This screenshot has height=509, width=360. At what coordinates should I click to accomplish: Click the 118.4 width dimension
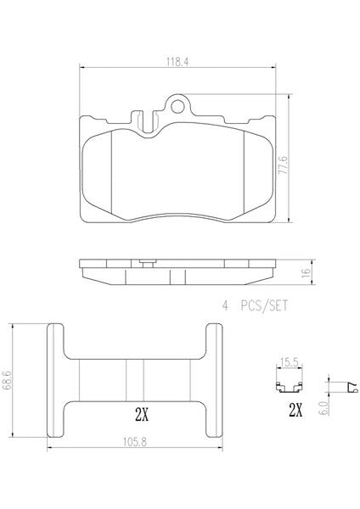point(177,62)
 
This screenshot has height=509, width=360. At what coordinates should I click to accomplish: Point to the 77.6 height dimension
point(284,165)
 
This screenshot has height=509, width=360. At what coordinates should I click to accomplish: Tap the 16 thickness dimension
point(306,272)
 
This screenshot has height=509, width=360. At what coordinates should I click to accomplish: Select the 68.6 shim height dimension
point(7,379)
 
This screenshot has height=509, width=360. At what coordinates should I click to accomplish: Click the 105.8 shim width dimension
point(135,441)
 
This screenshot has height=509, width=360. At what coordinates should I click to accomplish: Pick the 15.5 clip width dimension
point(289,362)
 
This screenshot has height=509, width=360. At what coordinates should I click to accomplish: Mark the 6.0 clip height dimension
point(323,407)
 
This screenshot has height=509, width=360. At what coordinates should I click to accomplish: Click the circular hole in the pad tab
point(177,106)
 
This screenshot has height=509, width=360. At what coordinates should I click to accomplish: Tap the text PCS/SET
point(264,305)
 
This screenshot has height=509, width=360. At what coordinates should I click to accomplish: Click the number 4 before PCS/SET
point(225,305)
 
